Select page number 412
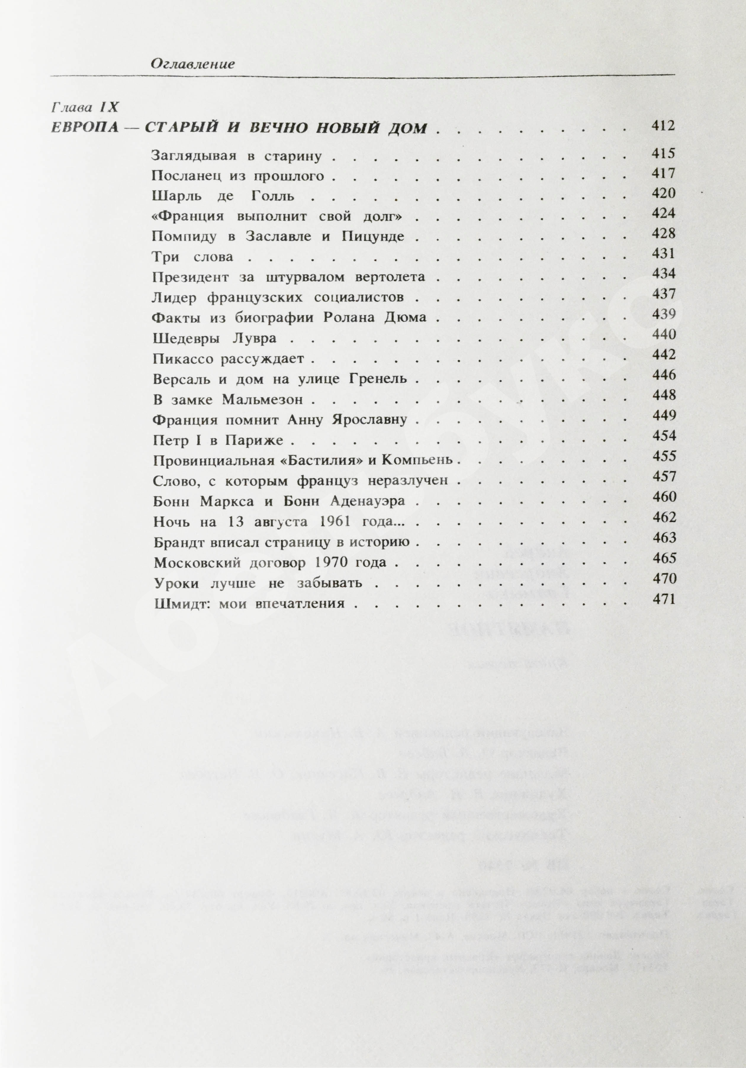(663, 126)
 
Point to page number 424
(663, 213)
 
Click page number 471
(663, 599)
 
